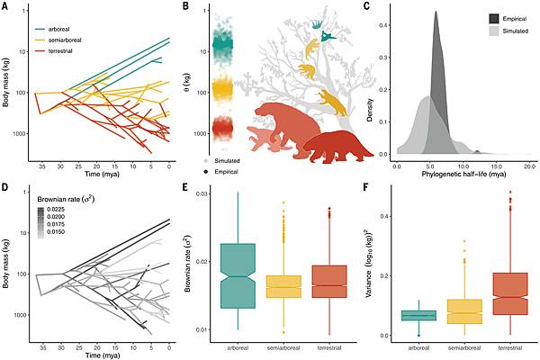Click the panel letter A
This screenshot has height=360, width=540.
[x=6, y=6]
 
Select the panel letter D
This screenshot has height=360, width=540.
[x=6, y=186]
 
